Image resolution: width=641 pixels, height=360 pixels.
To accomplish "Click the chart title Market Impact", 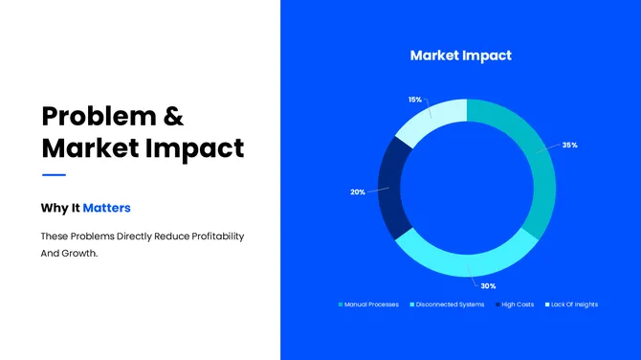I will coord(460,56).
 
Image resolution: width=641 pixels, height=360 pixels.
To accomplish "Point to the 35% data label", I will coord(569,146).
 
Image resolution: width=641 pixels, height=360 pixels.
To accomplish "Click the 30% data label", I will coord(487,286).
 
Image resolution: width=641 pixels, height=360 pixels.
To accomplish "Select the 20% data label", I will coord(357,192).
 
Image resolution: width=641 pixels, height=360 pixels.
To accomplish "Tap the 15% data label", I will coord(414,100).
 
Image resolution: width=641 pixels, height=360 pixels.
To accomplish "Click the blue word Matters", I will coord(106,207).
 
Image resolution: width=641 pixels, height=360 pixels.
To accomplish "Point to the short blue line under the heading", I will coord(54,175).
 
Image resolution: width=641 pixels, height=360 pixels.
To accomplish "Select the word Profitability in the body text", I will coord(212,236).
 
